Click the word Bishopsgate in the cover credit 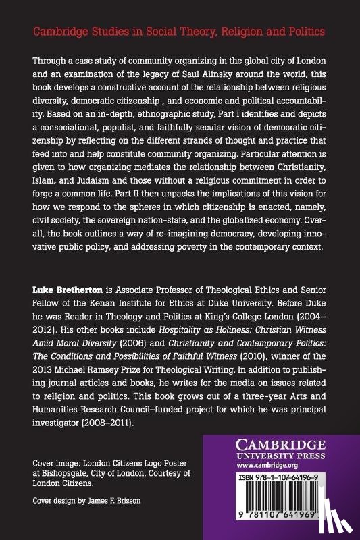tap(57, 475)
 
